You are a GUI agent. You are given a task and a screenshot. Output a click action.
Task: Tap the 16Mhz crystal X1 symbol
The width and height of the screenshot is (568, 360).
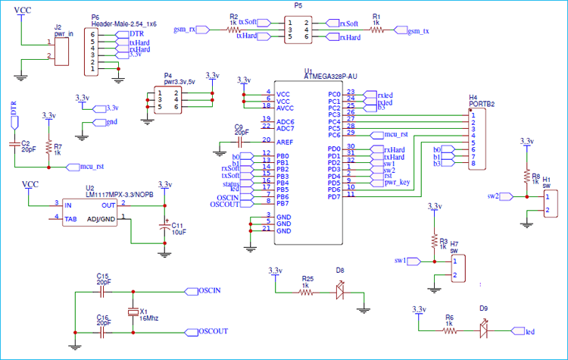[x=133, y=312]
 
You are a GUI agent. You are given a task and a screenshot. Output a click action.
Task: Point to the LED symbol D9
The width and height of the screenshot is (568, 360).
[x=483, y=331]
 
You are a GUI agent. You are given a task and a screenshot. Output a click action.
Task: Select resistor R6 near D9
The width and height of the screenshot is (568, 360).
[x=450, y=331]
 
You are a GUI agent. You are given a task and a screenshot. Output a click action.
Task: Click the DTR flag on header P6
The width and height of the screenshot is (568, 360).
[x=136, y=34]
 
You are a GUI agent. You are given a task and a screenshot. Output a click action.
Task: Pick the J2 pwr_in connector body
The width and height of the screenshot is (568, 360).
[x=62, y=50]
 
